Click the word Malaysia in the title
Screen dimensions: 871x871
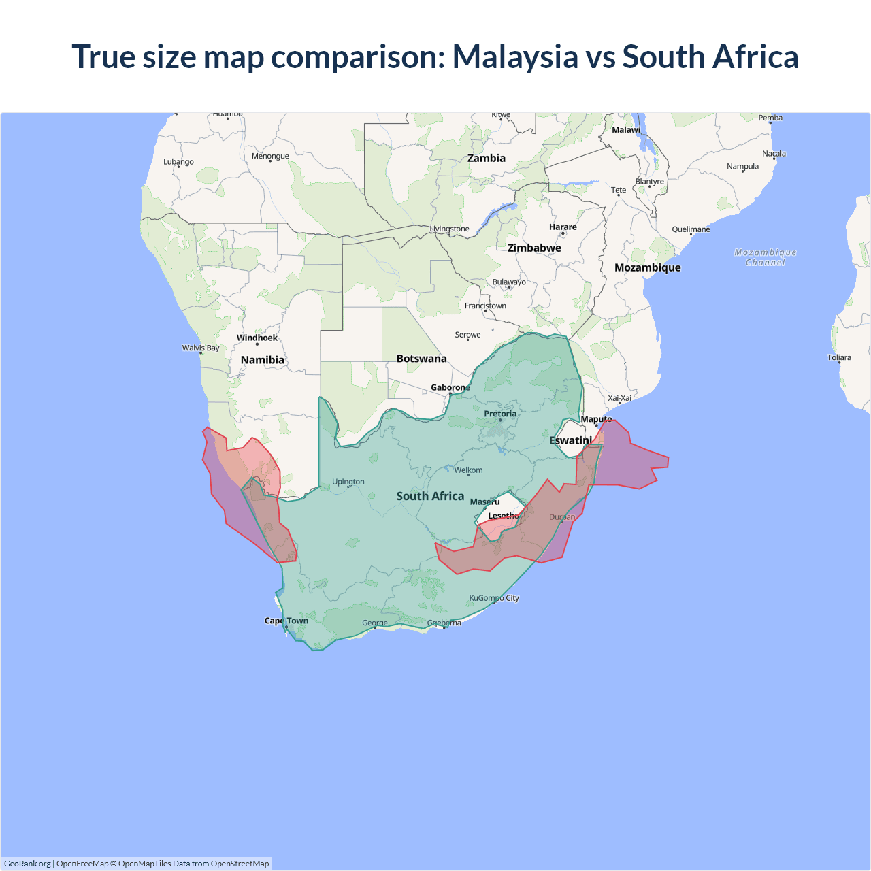click(x=515, y=57)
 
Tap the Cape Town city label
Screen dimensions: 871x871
click(x=286, y=621)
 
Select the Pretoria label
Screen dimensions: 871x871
click(x=500, y=414)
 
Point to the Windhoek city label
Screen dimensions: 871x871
click(x=257, y=338)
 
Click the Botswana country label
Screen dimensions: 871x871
click(x=422, y=359)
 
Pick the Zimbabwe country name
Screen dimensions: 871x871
click(x=534, y=248)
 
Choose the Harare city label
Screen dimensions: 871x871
click(x=563, y=227)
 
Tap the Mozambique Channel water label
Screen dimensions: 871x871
click(x=766, y=257)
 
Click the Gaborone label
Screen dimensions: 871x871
click(x=450, y=387)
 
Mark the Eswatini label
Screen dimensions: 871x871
click(x=570, y=440)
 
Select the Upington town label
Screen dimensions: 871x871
click(x=348, y=482)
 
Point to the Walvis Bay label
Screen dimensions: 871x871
click(x=201, y=348)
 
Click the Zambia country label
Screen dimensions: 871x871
click(x=487, y=158)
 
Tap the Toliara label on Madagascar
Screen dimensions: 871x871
click(x=839, y=357)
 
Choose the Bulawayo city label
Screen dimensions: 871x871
click(x=509, y=282)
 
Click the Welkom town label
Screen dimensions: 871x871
click(x=469, y=470)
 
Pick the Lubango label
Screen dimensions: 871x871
click(x=178, y=162)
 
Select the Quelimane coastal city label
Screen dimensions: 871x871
click(x=691, y=229)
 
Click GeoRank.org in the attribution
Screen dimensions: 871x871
click(x=27, y=864)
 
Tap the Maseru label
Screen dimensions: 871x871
click(x=484, y=502)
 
